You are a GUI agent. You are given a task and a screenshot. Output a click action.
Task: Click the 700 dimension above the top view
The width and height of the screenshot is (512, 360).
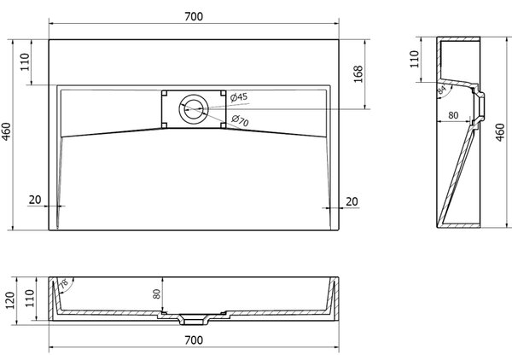click(194, 16)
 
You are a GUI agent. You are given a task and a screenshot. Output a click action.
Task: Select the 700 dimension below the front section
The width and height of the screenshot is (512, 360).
click(194, 340)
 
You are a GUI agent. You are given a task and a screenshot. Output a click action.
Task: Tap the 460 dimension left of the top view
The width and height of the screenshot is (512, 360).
click(7, 132)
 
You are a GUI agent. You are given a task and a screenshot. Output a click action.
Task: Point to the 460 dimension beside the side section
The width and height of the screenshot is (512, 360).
click(500, 132)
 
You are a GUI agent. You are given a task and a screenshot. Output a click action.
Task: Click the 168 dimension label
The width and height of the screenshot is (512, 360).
click(358, 74)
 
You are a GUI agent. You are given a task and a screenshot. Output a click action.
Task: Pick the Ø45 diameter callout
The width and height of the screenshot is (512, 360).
click(239, 97)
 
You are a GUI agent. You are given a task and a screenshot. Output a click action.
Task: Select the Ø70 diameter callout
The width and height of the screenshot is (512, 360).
click(240, 120)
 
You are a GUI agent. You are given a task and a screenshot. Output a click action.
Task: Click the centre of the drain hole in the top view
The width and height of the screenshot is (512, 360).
click(194, 108)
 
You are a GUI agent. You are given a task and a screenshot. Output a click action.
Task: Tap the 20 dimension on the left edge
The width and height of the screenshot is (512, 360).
click(35, 200)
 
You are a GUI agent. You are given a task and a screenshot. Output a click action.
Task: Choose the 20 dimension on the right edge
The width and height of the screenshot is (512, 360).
click(352, 201)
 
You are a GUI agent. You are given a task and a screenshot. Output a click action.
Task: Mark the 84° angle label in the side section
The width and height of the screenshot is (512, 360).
click(441, 90)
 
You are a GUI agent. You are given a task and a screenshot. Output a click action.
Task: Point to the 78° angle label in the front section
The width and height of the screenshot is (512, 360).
click(63, 283)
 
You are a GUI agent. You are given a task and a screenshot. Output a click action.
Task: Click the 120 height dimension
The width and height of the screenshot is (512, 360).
click(9, 300)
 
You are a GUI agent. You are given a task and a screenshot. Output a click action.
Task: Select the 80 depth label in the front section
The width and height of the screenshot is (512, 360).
click(157, 293)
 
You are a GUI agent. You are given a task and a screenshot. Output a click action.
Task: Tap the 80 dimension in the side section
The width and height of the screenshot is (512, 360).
click(453, 115)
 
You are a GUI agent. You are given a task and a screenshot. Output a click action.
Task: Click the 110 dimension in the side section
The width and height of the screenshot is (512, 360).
click(415, 59)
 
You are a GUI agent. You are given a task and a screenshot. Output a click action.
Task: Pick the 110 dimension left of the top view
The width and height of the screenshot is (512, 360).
click(25, 62)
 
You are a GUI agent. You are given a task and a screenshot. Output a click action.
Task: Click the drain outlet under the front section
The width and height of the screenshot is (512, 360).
click(193, 322)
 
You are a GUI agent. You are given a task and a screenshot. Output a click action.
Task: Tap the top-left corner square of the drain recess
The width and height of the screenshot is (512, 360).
click(164, 93)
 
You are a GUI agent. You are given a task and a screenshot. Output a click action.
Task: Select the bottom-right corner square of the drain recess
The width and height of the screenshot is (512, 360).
click(223, 125)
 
